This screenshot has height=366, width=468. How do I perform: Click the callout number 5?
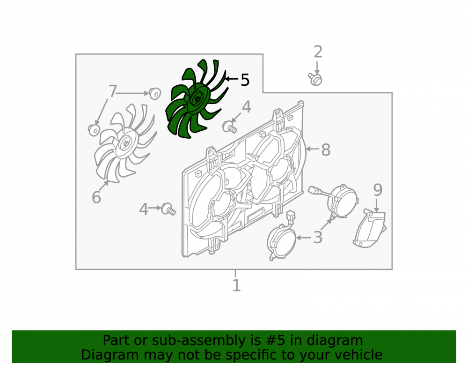245,80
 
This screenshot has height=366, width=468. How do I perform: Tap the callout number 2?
318,52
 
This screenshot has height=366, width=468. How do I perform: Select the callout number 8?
326,149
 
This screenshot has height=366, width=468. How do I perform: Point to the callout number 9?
378,190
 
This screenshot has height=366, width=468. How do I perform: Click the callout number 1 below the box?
236,285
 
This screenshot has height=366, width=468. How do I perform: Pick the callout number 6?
96,197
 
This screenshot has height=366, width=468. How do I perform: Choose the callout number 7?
112,91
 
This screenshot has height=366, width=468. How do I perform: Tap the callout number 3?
318,238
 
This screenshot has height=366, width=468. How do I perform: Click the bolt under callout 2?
315,79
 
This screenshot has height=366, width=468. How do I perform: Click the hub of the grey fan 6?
126,144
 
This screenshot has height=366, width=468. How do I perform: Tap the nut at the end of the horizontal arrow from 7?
154,93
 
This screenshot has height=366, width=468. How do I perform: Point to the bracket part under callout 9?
370,229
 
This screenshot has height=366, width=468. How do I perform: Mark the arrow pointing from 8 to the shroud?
313,149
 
